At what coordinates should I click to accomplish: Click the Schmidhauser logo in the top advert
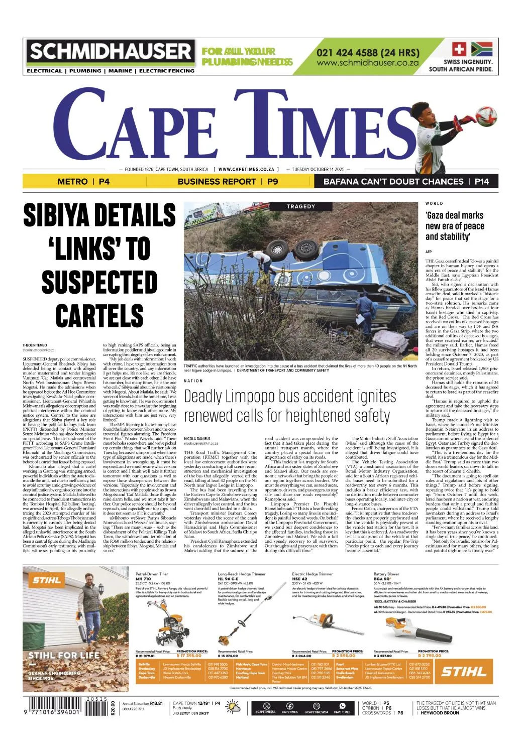coord(111,52)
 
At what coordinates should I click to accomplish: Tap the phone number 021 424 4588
coord(367,53)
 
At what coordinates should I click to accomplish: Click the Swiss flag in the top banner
coord(459,49)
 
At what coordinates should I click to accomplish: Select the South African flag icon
coord(483,49)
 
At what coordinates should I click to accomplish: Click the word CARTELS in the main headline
coord(99,316)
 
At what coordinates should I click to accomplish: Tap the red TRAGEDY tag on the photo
coord(301,206)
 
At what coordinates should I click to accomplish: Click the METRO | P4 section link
coord(83,181)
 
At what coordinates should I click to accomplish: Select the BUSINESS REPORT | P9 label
coord(228,181)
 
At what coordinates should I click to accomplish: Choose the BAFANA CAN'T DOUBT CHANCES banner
coord(406,181)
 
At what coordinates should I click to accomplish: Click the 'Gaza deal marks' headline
coord(454,215)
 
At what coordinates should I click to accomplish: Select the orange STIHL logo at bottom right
coord(464,671)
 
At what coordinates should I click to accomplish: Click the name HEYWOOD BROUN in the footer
coord(440,713)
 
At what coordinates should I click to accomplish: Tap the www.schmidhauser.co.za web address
coord(367,63)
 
